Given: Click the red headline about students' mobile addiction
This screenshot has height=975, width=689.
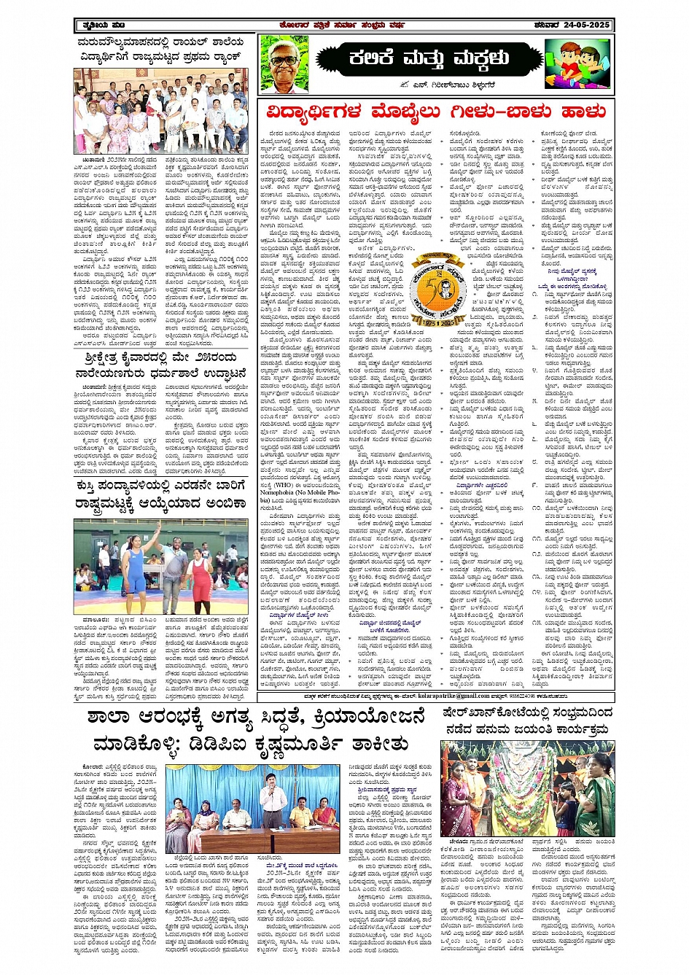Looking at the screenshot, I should click(x=436, y=112).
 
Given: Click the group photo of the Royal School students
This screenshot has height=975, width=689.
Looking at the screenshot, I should click(x=160, y=112).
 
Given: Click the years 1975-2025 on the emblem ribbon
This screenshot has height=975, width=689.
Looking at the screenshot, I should click(x=437, y=300).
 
